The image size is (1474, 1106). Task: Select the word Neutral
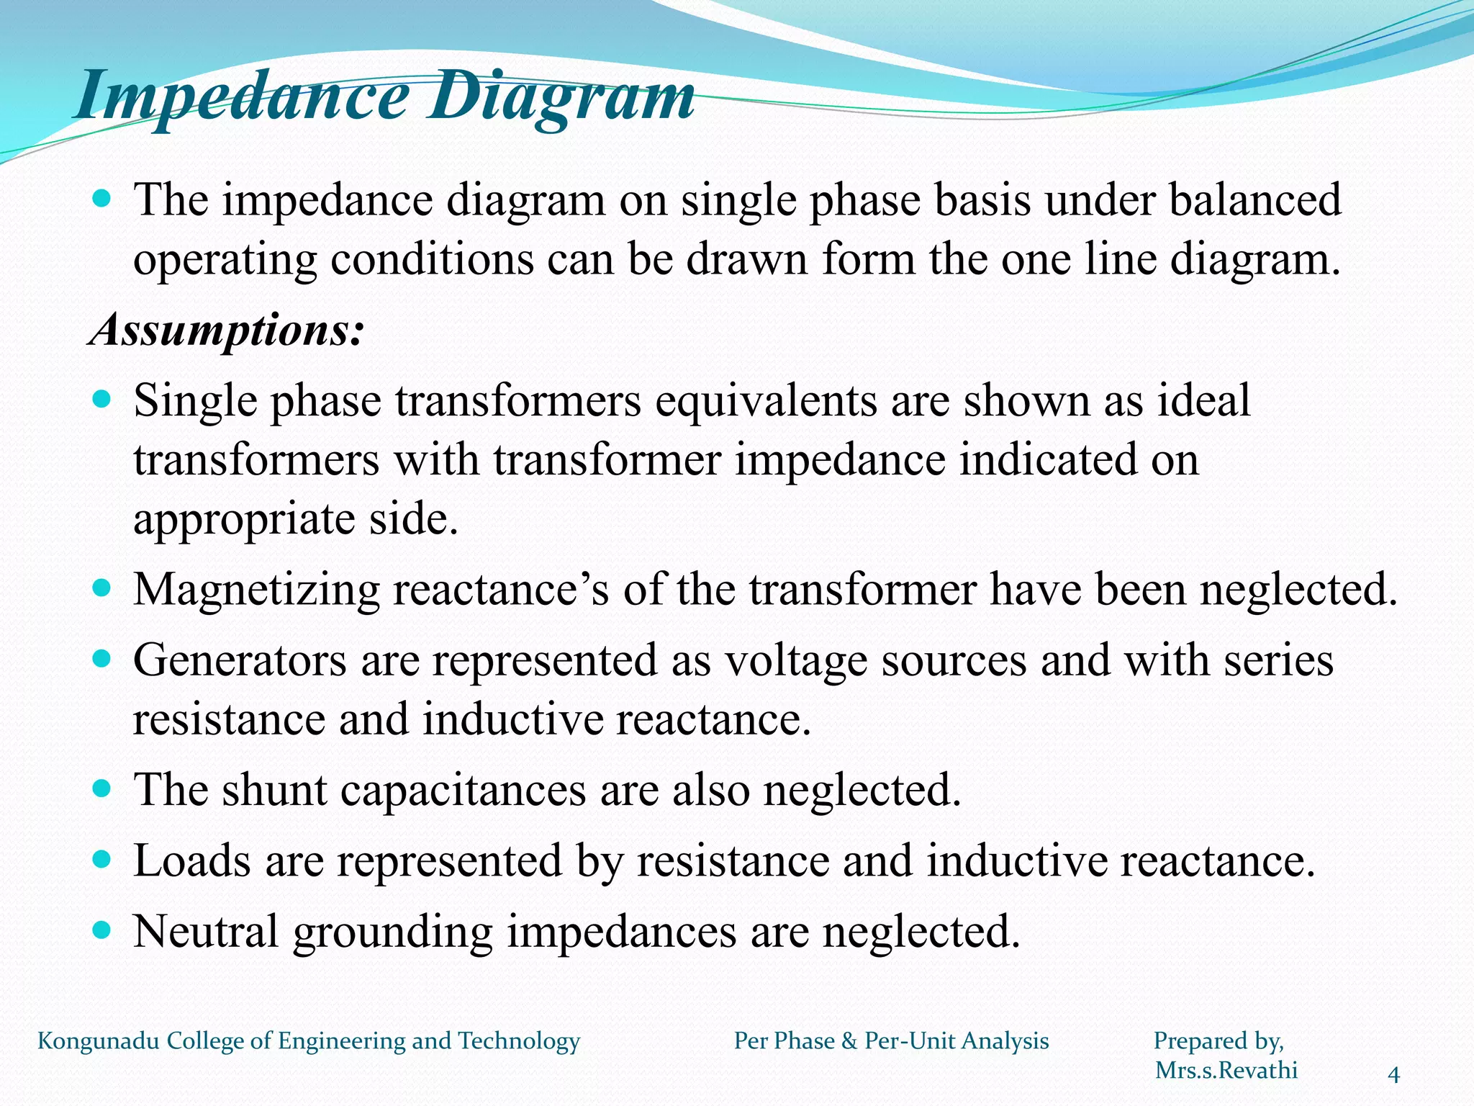pyautogui.click(x=206, y=931)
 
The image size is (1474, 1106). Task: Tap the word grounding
pyautogui.click(x=393, y=932)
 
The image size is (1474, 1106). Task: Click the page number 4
pyautogui.click(x=1393, y=1075)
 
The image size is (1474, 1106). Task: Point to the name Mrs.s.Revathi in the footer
pyautogui.click(x=1226, y=1070)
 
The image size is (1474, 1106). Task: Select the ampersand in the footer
pyautogui.click(x=849, y=1041)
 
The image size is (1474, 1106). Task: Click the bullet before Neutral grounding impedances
pyautogui.click(x=102, y=930)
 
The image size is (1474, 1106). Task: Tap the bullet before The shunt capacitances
pyautogui.click(x=102, y=789)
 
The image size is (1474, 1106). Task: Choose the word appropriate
pyautogui.click(x=244, y=520)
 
